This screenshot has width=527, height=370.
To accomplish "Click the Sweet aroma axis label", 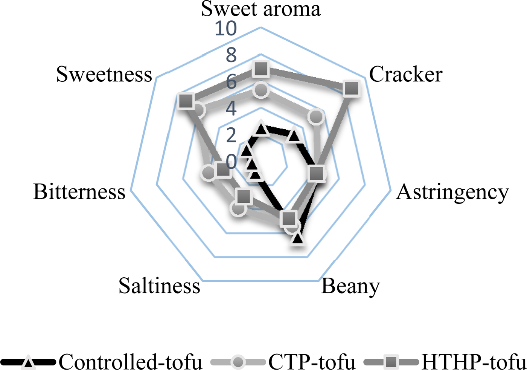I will (x=260, y=9).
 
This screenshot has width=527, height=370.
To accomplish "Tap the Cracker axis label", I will (x=405, y=74).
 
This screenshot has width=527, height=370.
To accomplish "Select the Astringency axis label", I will (x=452, y=192).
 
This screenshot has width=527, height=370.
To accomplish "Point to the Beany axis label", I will (x=350, y=287).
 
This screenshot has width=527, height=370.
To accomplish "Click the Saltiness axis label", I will (x=159, y=286).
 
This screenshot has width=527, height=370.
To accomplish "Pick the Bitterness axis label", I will (x=79, y=192).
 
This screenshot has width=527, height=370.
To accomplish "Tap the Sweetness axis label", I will (x=104, y=74).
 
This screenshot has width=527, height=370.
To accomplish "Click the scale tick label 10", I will (x=225, y=29).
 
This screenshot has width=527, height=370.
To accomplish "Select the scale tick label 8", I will (x=231, y=55).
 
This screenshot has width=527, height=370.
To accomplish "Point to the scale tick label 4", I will (x=231, y=109).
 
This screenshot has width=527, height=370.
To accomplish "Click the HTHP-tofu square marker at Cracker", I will (x=352, y=89).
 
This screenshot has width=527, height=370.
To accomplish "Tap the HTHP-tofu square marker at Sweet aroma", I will (x=260, y=69).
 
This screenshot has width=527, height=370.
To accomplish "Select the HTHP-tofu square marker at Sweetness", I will (x=186, y=101).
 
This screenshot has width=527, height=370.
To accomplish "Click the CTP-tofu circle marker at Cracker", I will (x=316, y=117).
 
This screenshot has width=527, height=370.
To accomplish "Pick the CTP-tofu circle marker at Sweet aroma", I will (x=260, y=90).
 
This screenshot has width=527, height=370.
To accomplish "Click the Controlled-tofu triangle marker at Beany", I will (x=297, y=239).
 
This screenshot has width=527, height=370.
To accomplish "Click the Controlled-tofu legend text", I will (x=131, y=362).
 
